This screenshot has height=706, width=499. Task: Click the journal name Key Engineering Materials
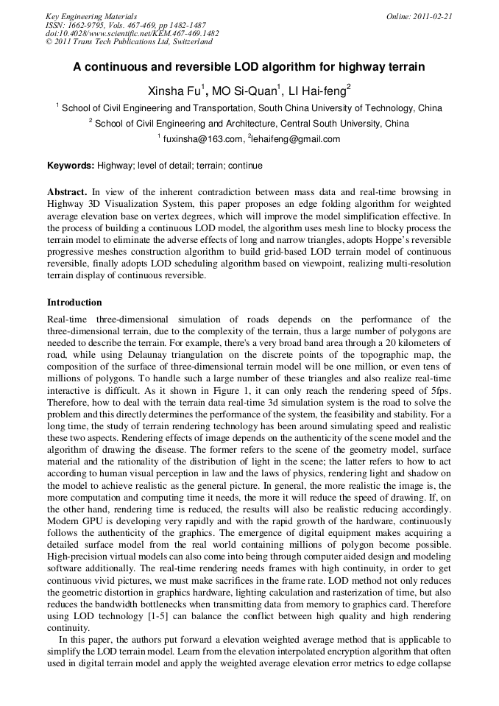91,16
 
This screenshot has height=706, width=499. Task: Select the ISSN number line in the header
125,25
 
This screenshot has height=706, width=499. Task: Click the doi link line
132,33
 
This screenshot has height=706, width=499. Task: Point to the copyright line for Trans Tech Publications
129,42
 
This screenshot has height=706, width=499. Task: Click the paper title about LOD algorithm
249,67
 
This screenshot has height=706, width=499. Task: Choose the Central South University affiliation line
251,124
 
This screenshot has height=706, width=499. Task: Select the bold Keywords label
71,166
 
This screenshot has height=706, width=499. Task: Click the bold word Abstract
67,192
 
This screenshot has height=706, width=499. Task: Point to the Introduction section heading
74,303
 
